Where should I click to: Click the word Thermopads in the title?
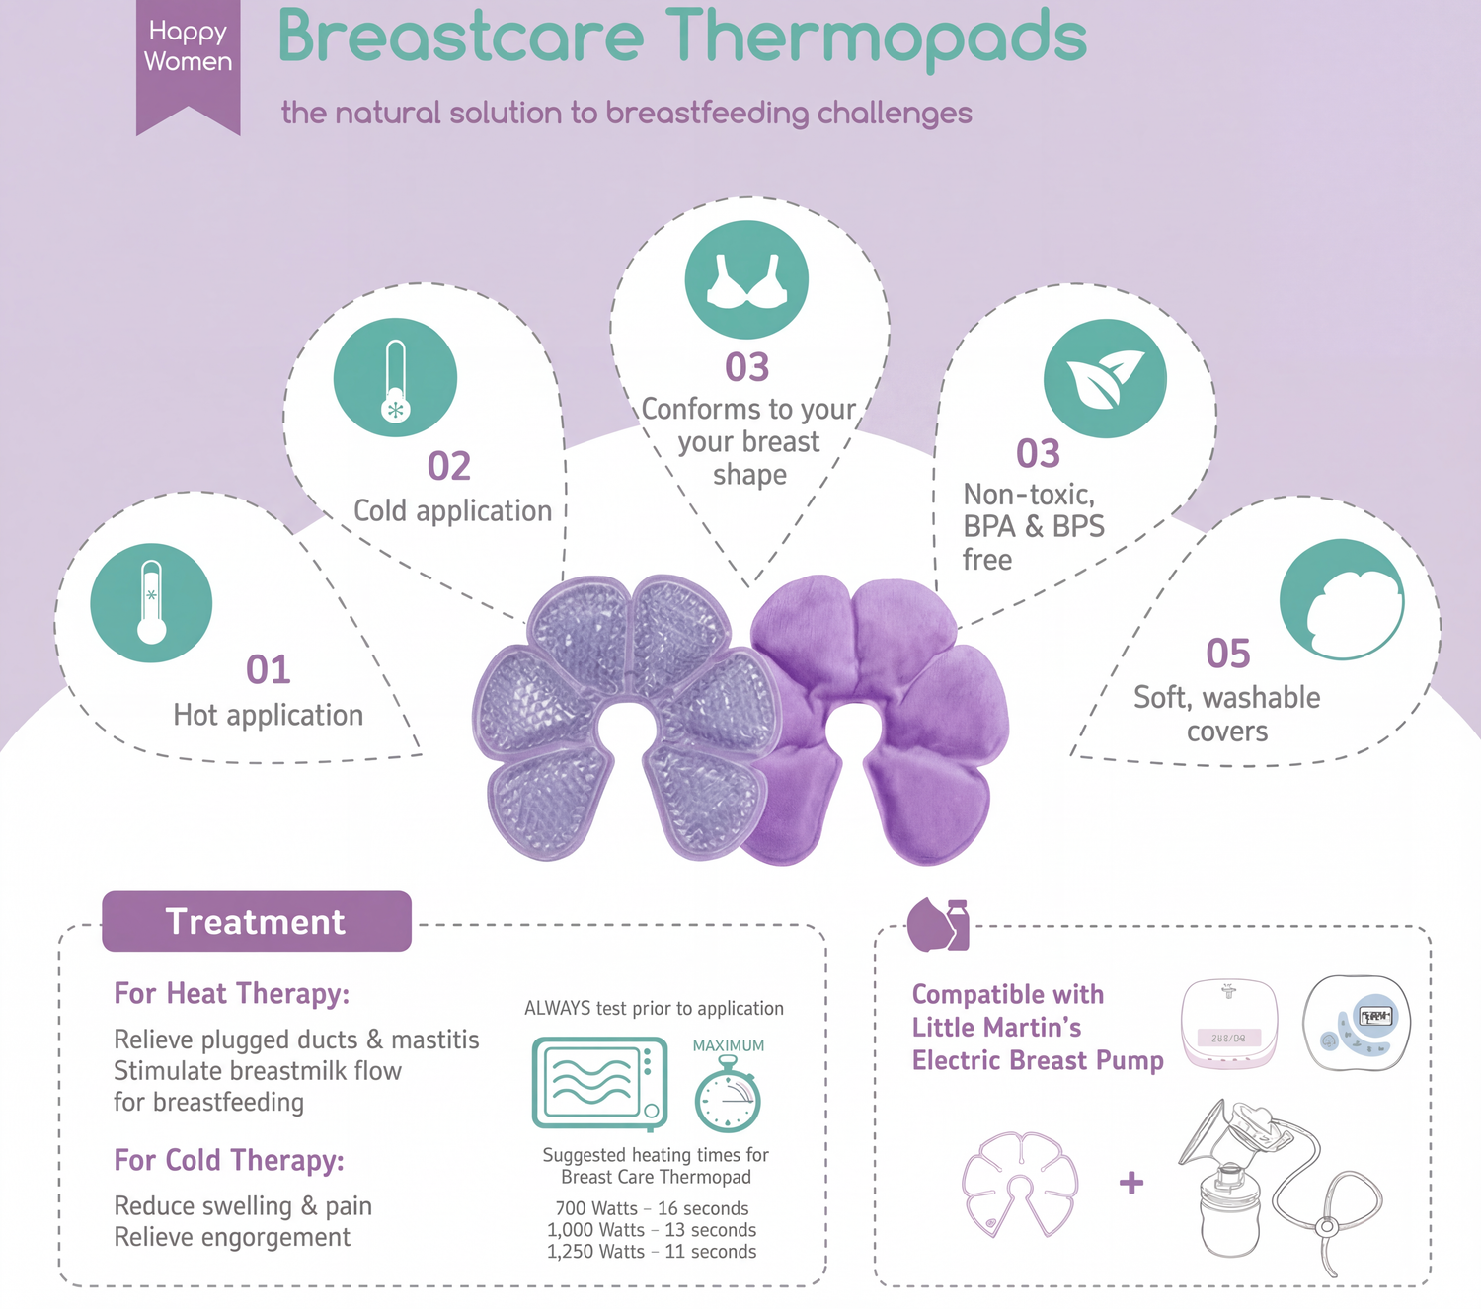(x=876, y=38)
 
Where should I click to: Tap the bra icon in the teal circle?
(x=746, y=280)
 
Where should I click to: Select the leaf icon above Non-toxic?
(x=1105, y=379)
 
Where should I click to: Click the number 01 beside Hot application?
(x=269, y=669)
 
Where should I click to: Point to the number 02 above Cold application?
(x=449, y=466)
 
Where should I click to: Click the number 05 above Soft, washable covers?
(x=1228, y=654)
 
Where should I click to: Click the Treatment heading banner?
(x=257, y=921)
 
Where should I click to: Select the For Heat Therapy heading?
(x=232, y=994)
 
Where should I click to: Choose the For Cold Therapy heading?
(x=229, y=1160)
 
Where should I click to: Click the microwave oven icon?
(x=600, y=1083)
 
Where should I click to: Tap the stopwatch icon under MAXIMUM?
(x=728, y=1095)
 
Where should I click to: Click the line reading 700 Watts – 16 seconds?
(x=652, y=1208)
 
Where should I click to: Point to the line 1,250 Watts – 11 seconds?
(x=652, y=1252)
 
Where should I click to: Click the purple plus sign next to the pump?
(x=1131, y=1183)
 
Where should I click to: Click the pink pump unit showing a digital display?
(x=1229, y=1025)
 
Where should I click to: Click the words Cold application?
(x=452, y=511)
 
